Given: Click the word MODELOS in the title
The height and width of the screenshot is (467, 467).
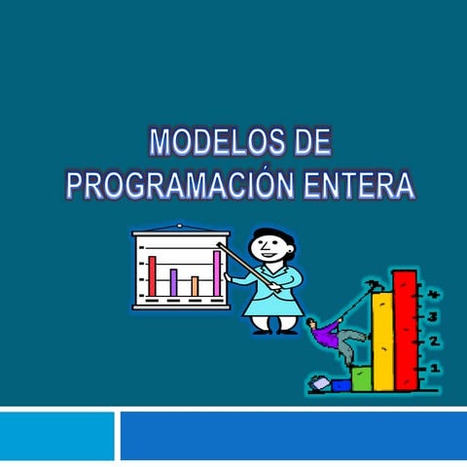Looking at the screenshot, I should click(x=204, y=144).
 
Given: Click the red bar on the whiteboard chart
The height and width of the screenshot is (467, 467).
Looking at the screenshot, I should click(x=152, y=274).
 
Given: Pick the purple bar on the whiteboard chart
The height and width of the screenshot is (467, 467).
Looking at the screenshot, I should click(x=173, y=281).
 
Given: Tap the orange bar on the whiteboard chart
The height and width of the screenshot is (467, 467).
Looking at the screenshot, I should click(x=195, y=285).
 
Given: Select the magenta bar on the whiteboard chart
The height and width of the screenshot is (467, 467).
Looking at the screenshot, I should click(x=217, y=272).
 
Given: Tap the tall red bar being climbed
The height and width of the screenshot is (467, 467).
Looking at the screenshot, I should click(x=405, y=331).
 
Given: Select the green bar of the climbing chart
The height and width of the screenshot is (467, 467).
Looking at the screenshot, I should click(x=361, y=377).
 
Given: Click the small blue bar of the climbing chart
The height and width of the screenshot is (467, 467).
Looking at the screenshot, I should click(x=341, y=385).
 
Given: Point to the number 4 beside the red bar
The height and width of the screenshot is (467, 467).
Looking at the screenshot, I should click(x=433, y=293).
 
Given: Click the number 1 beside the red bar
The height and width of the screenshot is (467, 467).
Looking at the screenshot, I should click(x=433, y=367).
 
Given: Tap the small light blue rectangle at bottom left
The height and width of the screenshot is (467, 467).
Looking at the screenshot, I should click(x=56, y=435).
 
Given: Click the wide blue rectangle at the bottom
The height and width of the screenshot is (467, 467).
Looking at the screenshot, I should click(x=293, y=435).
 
